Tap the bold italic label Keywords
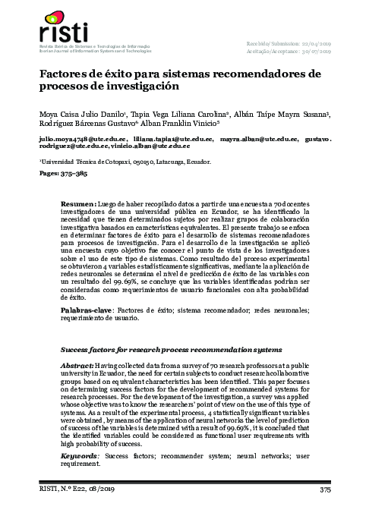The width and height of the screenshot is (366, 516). pos(81,457)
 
